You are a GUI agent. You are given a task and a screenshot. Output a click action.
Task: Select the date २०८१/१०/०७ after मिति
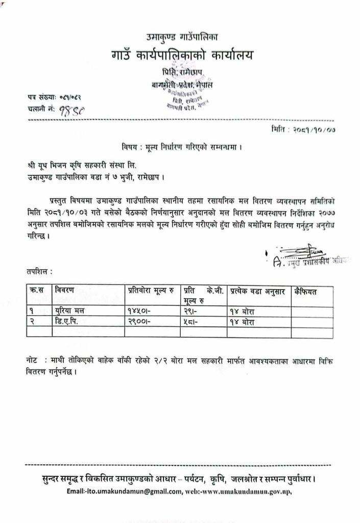[314, 132]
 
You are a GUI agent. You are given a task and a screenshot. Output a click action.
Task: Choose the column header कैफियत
[306, 291]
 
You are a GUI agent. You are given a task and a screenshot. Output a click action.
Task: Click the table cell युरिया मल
[69, 310]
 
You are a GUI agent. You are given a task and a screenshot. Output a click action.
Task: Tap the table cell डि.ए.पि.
[69, 321]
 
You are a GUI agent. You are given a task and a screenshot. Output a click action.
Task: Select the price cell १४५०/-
[139, 310]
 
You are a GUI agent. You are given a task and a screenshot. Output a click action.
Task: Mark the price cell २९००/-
[139, 321]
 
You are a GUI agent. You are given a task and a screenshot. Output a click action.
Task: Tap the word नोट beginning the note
[32, 361]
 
